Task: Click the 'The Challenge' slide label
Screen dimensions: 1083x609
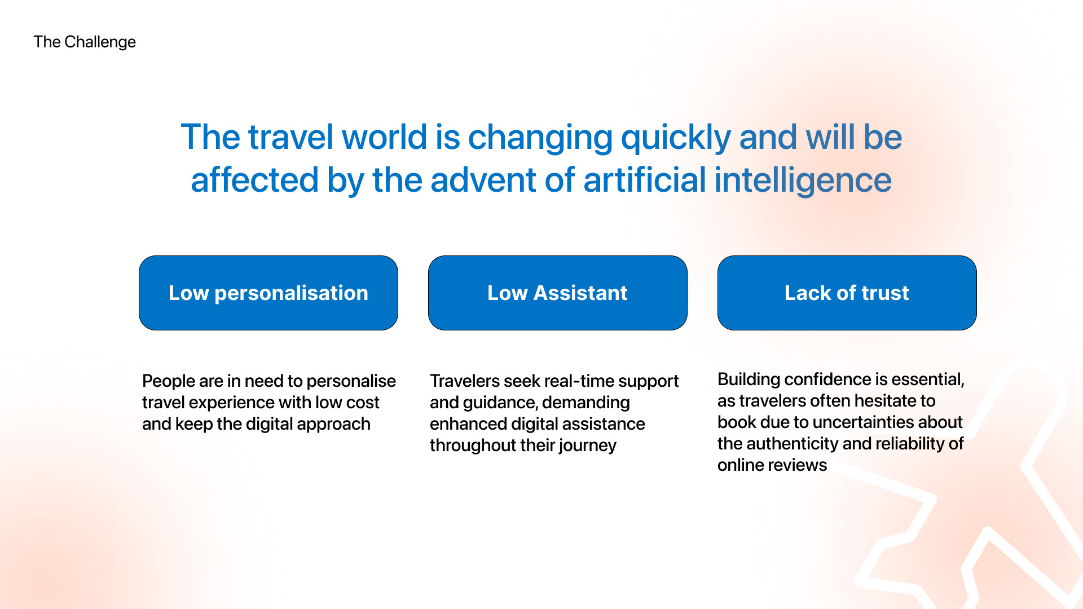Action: click(x=85, y=42)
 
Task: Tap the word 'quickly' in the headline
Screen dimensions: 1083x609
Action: click(x=676, y=138)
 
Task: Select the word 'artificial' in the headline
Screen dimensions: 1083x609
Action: click(x=645, y=180)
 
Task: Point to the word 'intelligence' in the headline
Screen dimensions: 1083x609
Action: click(x=803, y=181)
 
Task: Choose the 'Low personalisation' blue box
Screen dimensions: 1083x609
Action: click(x=268, y=293)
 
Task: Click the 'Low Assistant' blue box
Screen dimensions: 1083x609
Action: click(x=558, y=293)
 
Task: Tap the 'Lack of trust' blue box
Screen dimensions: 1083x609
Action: click(x=847, y=293)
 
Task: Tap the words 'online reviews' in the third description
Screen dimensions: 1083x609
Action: click(x=772, y=465)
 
